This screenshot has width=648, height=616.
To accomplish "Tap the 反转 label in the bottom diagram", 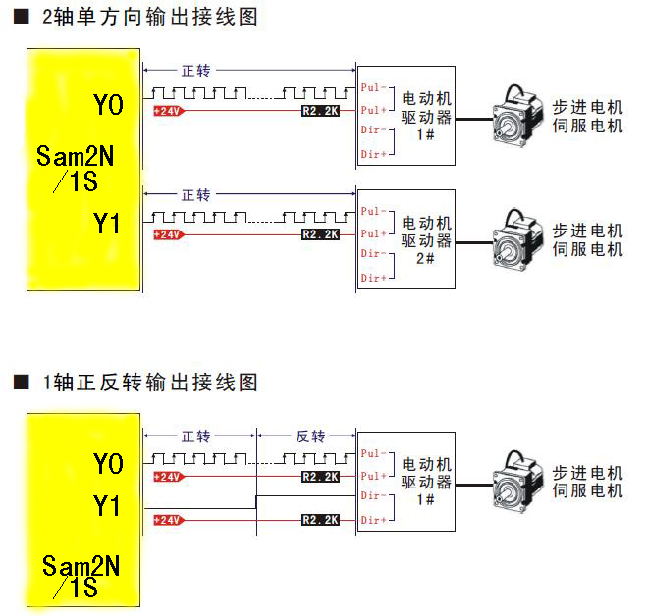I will coord(310,436).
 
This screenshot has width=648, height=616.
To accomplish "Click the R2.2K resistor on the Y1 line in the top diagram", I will coord(320,234).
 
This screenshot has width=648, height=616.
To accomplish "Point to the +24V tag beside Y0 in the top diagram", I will coord(168,112).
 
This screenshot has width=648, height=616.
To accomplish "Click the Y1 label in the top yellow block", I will coord(108,225).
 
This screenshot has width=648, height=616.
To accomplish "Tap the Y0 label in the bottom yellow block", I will coord(108,463).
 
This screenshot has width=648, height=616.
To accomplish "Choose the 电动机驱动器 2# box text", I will coord(427,240).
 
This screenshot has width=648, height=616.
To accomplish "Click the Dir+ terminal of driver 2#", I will coord(374,279).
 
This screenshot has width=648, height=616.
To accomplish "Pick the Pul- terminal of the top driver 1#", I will coord(374,87).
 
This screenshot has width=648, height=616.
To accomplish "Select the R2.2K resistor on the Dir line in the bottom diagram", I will coord(320,519).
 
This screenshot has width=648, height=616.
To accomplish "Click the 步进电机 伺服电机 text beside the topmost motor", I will coord(587,117).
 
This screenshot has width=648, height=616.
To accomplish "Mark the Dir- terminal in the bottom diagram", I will coord(374,497).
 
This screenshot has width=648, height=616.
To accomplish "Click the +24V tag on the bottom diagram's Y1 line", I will coord(168,520).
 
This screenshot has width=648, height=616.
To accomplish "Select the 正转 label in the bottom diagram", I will coord(196,436).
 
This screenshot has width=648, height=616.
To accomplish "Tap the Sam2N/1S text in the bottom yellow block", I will coord(81,576).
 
